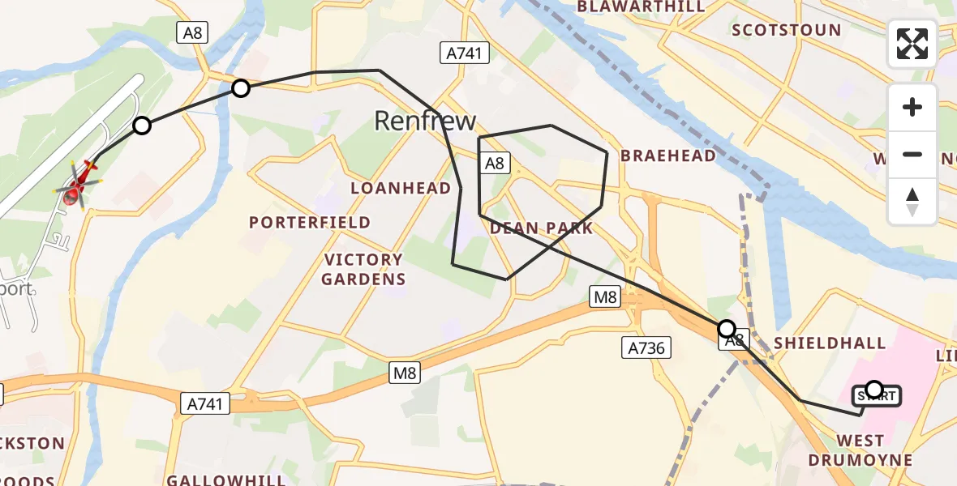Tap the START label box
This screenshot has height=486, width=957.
[875, 397]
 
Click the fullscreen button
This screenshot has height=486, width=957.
[912, 44]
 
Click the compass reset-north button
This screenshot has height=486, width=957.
[912, 202]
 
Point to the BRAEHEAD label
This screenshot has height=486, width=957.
[668, 156]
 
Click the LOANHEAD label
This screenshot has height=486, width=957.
[401, 188]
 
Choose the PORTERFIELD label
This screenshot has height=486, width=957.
[310, 222]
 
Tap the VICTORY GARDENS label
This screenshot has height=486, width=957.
[363, 270]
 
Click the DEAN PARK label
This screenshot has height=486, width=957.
[541, 228]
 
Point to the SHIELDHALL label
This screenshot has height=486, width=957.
[829, 343]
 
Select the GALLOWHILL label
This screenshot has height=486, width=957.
[225, 480]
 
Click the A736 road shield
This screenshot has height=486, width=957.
[646, 348]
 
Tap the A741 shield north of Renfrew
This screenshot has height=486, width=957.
[465, 53]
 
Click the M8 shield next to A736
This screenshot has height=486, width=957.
[605, 297]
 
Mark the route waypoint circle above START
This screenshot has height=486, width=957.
[874, 390]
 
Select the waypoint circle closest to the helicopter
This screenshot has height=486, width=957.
[142, 126]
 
